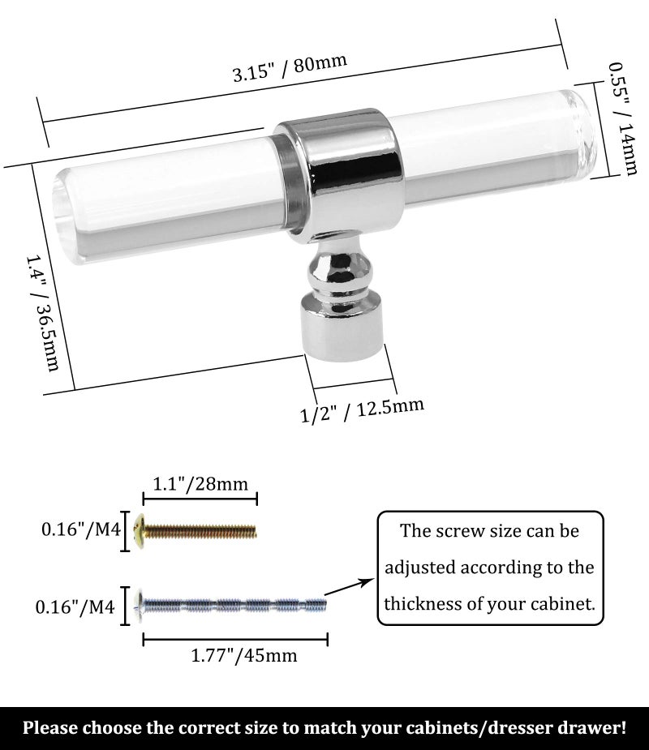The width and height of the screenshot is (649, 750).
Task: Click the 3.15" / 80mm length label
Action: (290, 67)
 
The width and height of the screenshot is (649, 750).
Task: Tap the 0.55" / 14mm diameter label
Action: (623, 118)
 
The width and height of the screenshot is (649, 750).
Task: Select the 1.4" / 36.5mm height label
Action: (42, 313)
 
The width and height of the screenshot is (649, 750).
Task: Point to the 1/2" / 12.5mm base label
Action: (362, 409)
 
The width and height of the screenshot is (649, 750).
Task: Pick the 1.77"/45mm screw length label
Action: (243, 655)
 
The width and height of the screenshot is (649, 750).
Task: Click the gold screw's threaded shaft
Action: (200, 531)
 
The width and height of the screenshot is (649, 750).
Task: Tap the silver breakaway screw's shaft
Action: (235, 606)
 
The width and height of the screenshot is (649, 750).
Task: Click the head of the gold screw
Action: (140, 531)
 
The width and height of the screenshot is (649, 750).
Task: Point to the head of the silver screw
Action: (140, 606)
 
